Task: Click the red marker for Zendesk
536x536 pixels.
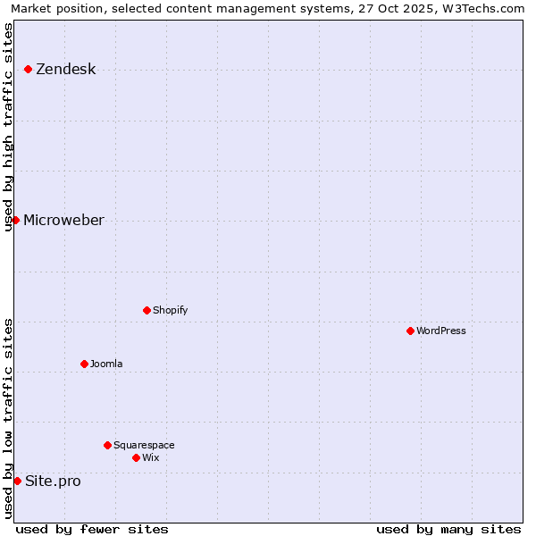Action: pyautogui.click(x=28, y=69)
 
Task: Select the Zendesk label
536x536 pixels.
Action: pyautogui.click(x=65, y=70)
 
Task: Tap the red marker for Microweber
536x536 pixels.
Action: pyautogui.click(x=15, y=220)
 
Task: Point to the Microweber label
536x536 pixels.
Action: pyautogui.click(x=63, y=221)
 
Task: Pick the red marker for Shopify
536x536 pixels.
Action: pyautogui.click(x=147, y=310)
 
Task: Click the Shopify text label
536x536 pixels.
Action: pyautogui.click(x=170, y=311)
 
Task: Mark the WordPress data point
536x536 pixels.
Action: pyautogui.click(x=410, y=331)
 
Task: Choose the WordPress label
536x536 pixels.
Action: pyautogui.click(x=441, y=331)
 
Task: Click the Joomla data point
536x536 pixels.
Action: pyautogui.click(x=84, y=364)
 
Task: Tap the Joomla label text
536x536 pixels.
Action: pyautogui.click(x=106, y=364)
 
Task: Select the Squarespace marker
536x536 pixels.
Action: pyautogui.click(x=107, y=445)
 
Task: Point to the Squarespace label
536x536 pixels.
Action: pyautogui.click(x=144, y=446)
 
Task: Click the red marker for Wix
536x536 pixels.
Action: pyautogui.click(x=136, y=457)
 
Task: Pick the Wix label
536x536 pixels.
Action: pyautogui.click(x=151, y=458)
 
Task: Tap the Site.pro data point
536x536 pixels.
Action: pyautogui.click(x=17, y=481)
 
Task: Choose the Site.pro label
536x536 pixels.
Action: pyautogui.click(x=53, y=482)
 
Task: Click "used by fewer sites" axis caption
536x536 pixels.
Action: pyautogui.click(x=92, y=530)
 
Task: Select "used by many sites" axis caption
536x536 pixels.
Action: pyautogui.click(x=448, y=530)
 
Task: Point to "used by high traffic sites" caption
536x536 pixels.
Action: pyautogui.click(x=8, y=127)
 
